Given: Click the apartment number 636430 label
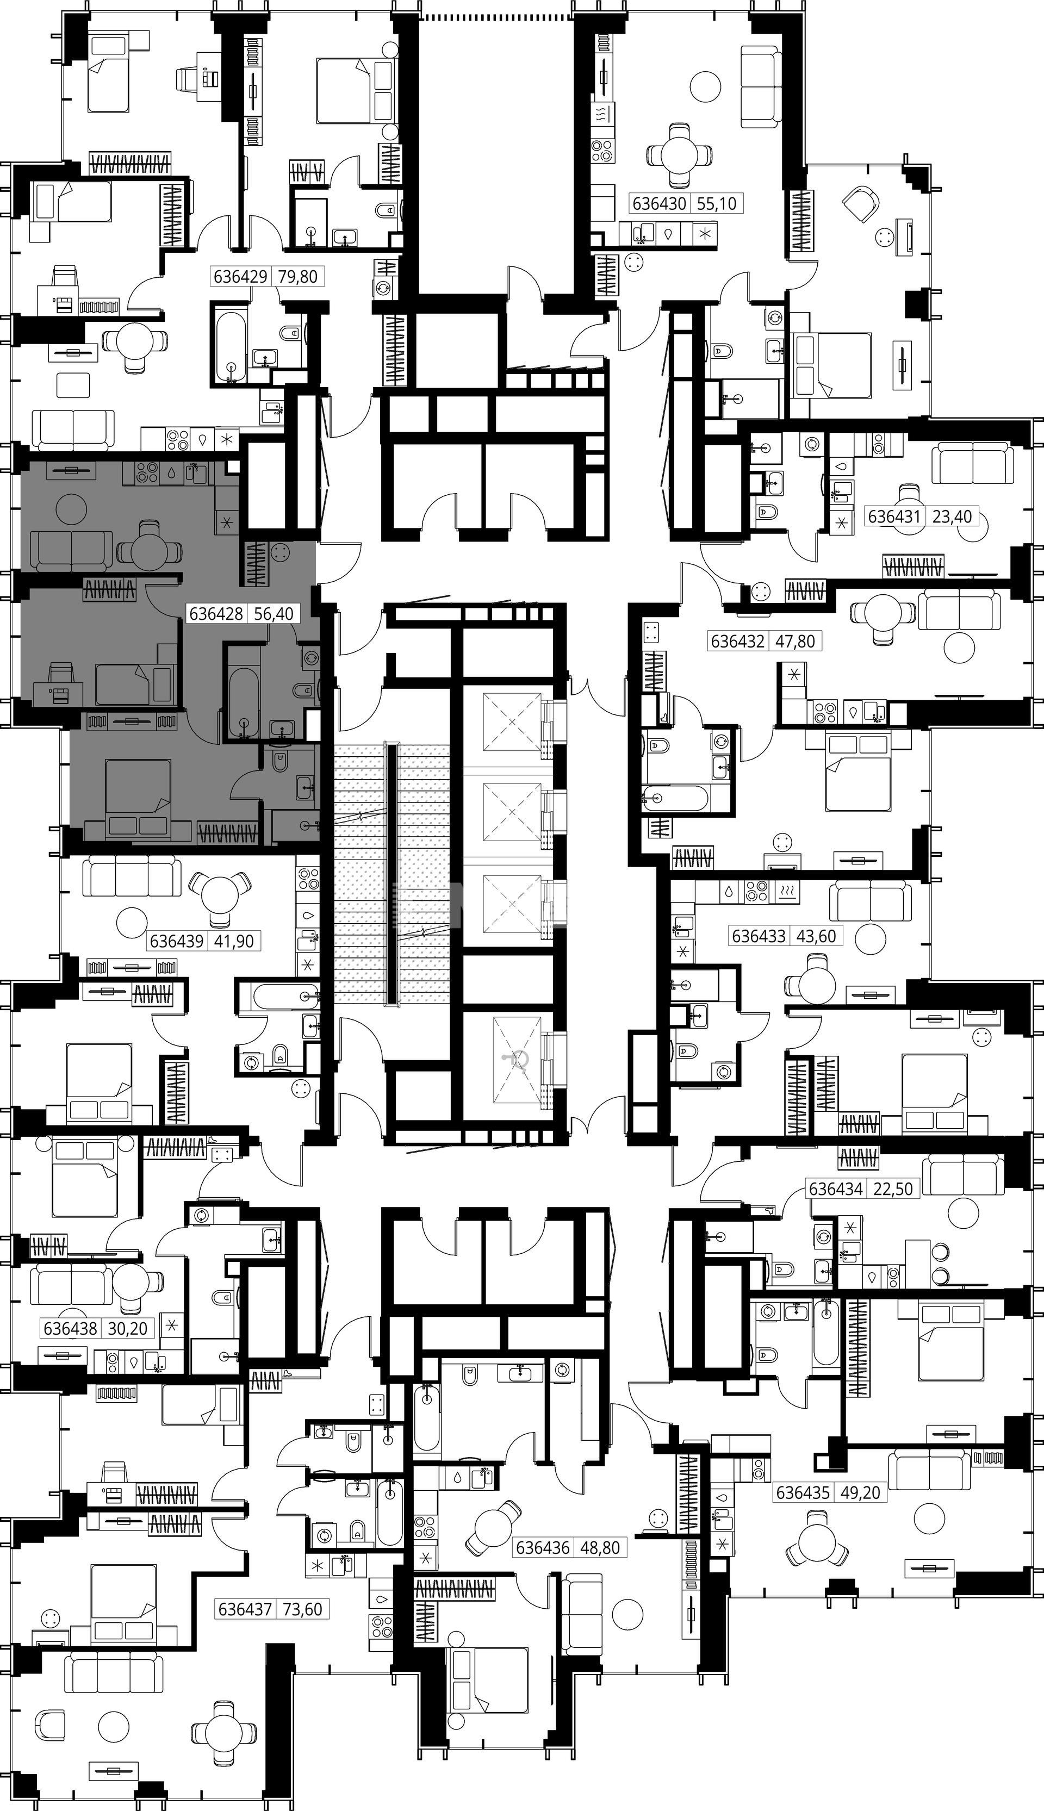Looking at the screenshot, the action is tap(659, 204).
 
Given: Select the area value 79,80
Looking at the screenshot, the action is tap(297, 276).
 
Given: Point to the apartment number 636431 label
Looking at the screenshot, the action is tap(894, 516).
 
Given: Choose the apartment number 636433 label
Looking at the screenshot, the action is tap(758, 936).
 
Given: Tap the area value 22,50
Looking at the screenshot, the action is tap(893, 1188).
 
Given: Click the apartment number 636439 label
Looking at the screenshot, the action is tap(176, 941).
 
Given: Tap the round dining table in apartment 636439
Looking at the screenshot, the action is tap(220, 895).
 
